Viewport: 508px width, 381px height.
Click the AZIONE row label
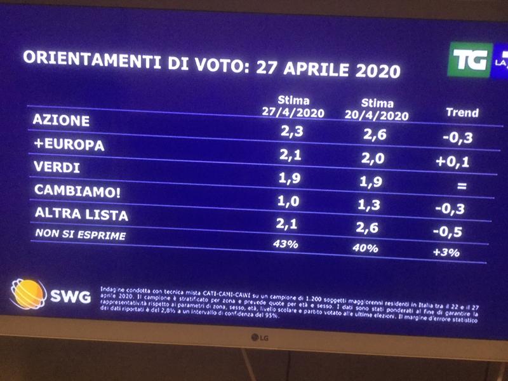(62, 120)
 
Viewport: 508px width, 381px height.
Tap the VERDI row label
(58, 168)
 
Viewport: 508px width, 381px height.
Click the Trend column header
(462, 113)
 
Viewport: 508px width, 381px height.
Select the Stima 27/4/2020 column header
(293, 107)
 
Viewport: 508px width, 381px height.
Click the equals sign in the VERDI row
(462, 187)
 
